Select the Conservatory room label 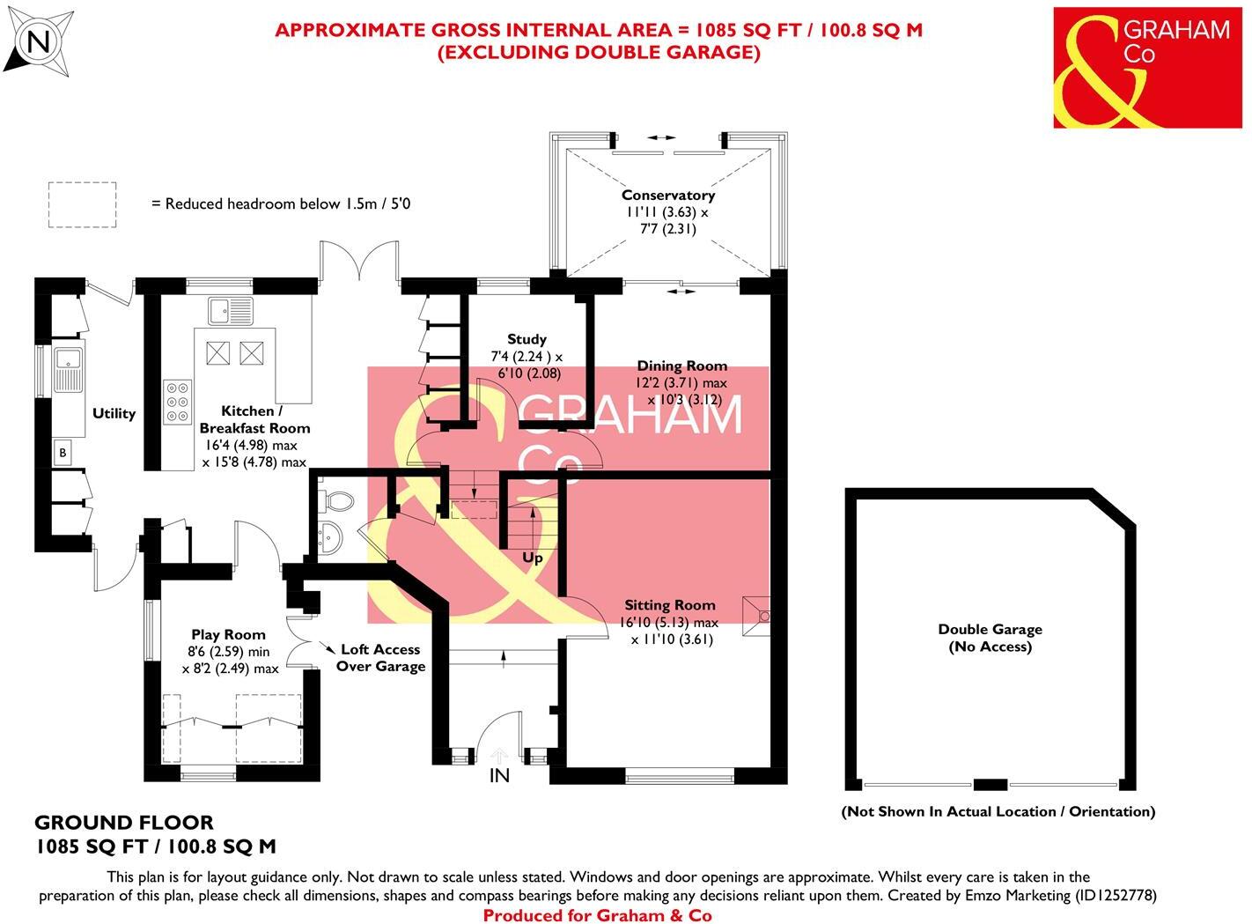pos(667,196)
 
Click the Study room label pos(527,339)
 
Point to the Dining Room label pos(682,366)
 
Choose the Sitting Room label pos(669,605)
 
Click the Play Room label pos(228,634)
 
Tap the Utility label pos(114,413)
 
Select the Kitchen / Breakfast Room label pos(254,419)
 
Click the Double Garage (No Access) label pos(990,638)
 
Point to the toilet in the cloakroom pos(337,501)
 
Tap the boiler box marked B pos(63,454)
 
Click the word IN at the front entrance pos(499,776)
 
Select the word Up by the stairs pos(533,558)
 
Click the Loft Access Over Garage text pos(380,658)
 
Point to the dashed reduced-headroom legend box pos(82,204)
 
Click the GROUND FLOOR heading pos(123,823)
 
